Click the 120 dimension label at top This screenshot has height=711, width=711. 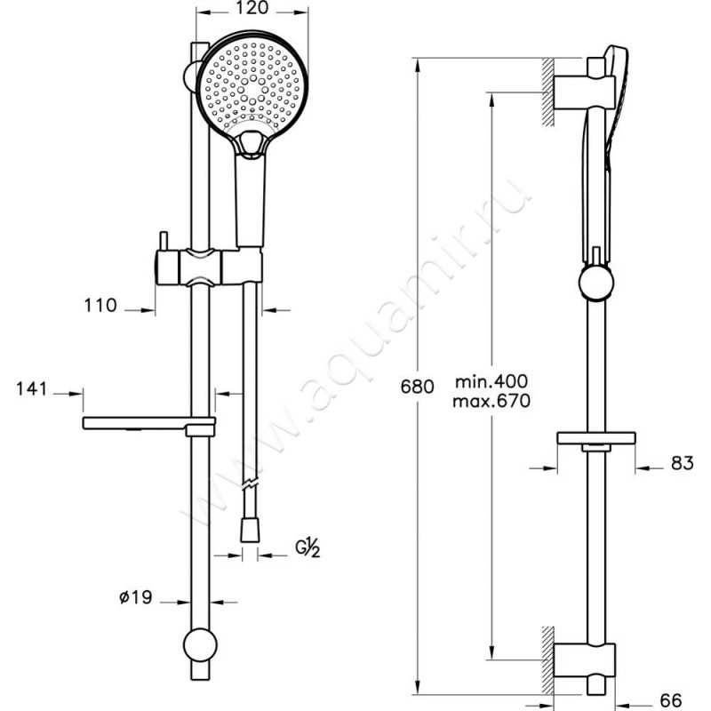[x=252, y=8]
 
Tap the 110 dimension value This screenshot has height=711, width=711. [x=100, y=305]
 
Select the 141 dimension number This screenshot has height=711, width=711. [x=32, y=388]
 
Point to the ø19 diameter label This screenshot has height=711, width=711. [x=136, y=596]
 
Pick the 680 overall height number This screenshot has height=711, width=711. [x=417, y=387]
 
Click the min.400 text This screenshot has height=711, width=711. [x=491, y=381]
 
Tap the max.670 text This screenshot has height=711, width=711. [x=491, y=401]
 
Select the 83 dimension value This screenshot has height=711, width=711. [x=683, y=463]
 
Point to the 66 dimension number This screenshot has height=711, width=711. [x=671, y=700]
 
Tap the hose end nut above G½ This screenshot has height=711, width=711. [x=250, y=530]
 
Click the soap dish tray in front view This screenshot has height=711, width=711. [x=148, y=424]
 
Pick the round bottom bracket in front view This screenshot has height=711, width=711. [x=201, y=645]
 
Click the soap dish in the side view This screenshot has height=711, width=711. [x=595, y=440]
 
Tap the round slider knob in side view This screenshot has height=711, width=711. [x=596, y=282]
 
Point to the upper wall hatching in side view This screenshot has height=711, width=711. [x=548, y=92]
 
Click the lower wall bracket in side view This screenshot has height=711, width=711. [x=585, y=659]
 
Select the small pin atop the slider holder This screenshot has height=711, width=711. [x=163, y=241]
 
